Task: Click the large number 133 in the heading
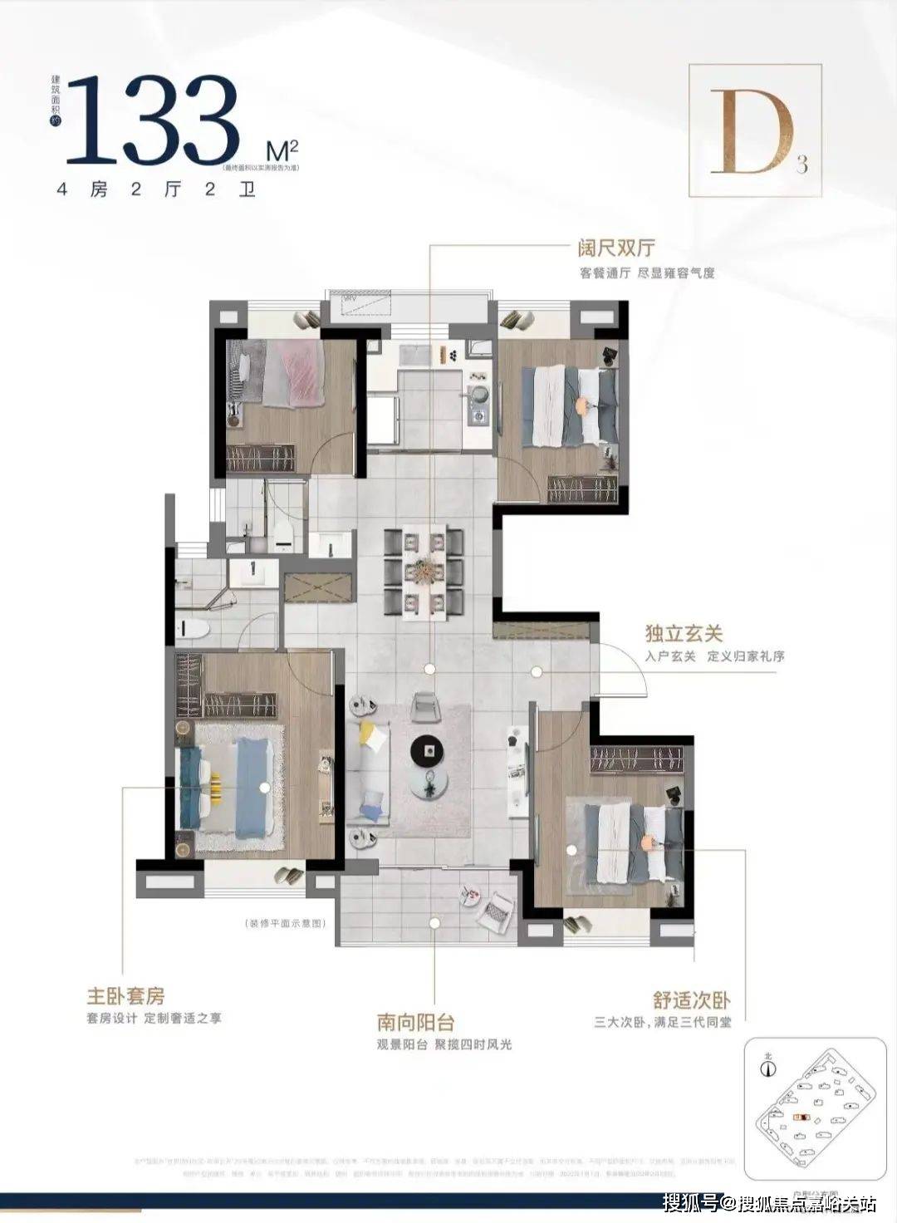(x=154, y=121)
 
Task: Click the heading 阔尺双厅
(x=617, y=248)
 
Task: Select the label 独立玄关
(x=684, y=634)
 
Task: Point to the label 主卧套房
(x=125, y=995)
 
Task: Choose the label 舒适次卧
(x=691, y=1000)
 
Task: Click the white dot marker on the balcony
(x=433, y=921)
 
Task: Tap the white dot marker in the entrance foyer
(x=537, y=670)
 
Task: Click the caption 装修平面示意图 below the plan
(x=284, y=923)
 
